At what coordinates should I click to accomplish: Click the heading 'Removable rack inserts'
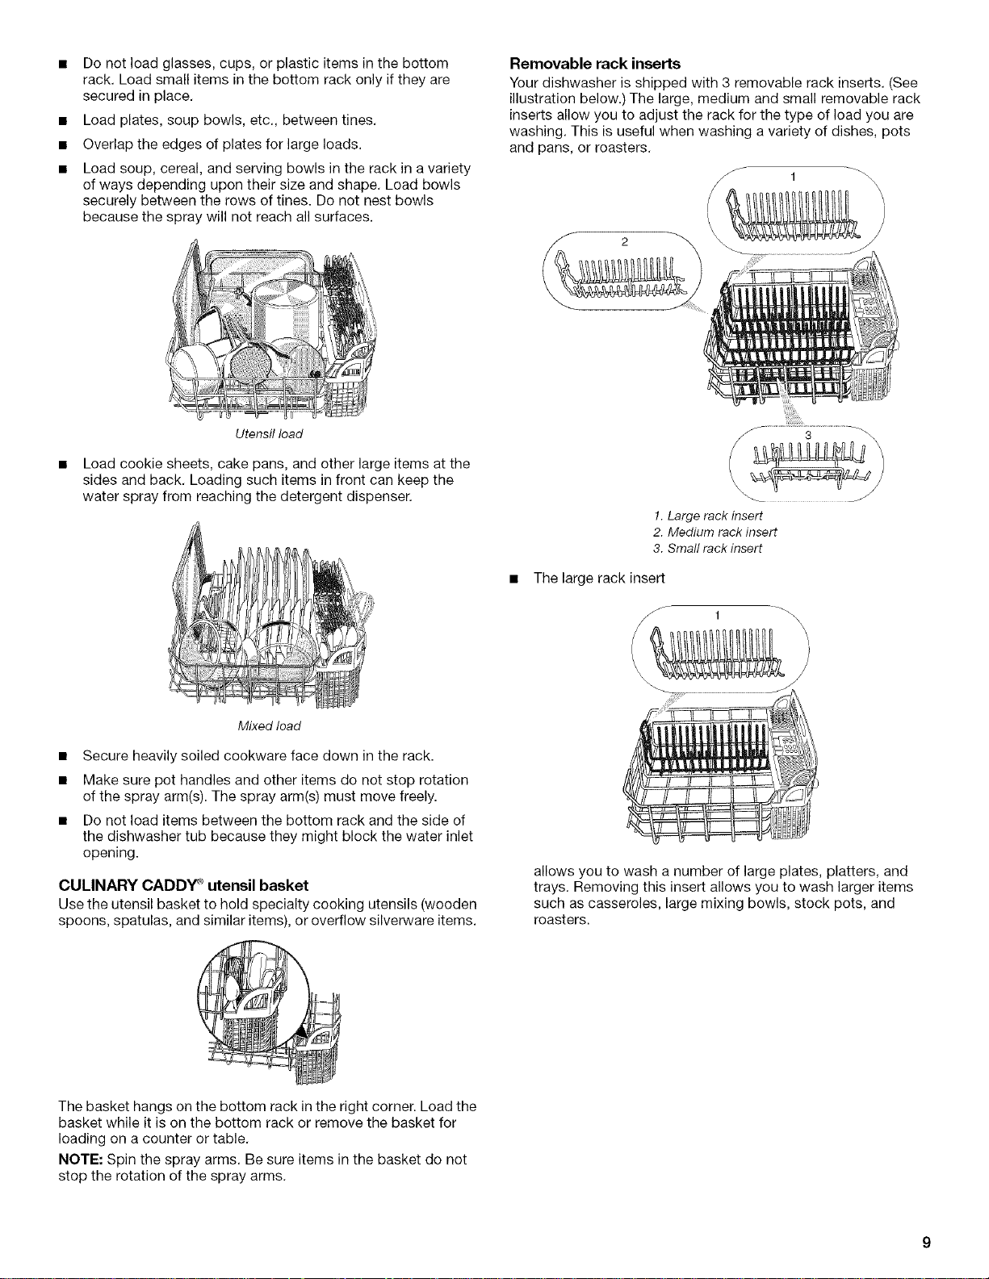click(x=594, y=64)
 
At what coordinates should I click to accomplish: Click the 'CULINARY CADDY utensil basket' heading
click(x=183, y=886)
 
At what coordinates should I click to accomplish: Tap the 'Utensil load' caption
click(x=268, y=434)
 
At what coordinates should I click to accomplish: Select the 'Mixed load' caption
click(x=269, y=726)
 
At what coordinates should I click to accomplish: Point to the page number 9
click(x=926, y=1243)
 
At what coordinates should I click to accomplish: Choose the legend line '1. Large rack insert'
click(x=708, y=516)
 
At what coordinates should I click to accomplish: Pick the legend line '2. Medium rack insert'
click(x=715, y=533)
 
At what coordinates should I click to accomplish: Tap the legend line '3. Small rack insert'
click(x=707, y=550)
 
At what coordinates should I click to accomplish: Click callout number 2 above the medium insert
click(x=625, y=242)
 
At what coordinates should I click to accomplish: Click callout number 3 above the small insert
click(x=808, y=435)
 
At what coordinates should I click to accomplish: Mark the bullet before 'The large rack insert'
click(x=514, y=579)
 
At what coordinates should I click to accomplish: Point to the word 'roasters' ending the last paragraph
click(x=559, y=920)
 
